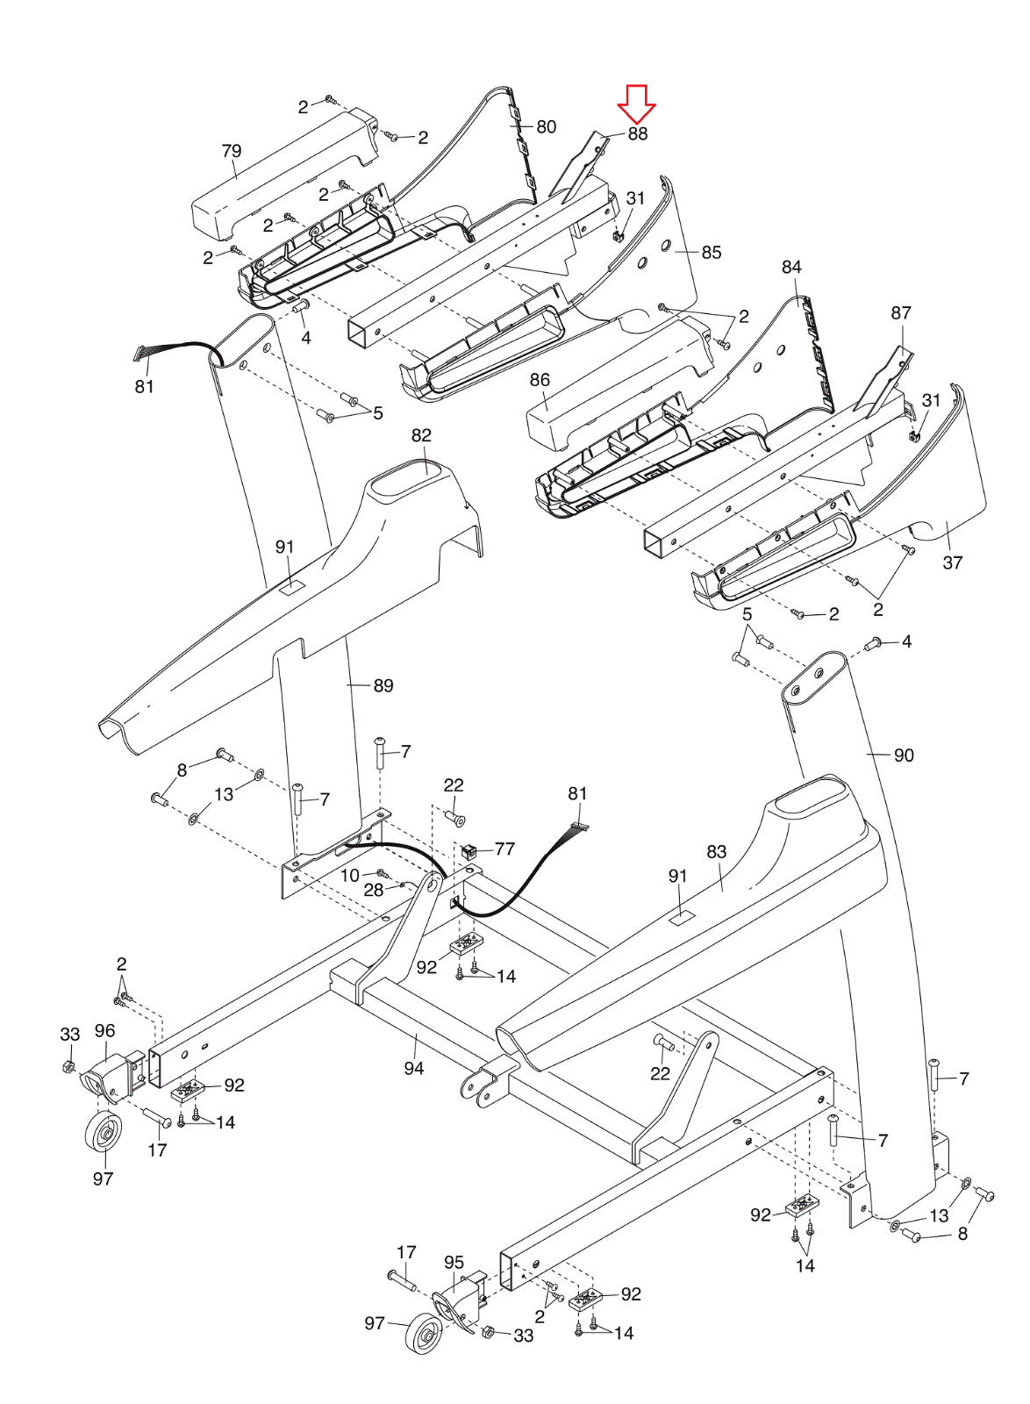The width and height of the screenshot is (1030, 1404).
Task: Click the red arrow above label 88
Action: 636,104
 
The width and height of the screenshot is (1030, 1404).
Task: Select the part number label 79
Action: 232,151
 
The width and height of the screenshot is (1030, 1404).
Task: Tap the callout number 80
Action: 547,126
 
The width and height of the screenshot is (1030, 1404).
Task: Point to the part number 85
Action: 712,252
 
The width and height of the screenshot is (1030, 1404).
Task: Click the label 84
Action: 791,267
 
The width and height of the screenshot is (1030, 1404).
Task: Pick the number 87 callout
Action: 901,312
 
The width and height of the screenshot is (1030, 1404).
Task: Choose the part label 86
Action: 540,380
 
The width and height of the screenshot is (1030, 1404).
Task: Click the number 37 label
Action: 952,562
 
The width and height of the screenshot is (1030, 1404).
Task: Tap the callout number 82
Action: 421,435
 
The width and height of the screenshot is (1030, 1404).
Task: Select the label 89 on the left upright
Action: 383,685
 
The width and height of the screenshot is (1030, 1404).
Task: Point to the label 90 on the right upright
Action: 904,756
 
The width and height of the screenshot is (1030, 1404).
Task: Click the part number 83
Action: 716,852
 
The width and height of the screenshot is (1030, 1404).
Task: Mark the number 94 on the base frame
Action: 414,1069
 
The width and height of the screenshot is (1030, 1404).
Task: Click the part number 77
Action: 504,849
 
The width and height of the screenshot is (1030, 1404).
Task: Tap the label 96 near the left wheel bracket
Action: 104,1031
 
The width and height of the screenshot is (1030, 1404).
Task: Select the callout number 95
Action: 454,1263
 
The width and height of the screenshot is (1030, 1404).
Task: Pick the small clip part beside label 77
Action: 468,850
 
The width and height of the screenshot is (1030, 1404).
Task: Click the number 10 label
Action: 350,875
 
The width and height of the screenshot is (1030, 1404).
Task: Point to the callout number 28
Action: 374,890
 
